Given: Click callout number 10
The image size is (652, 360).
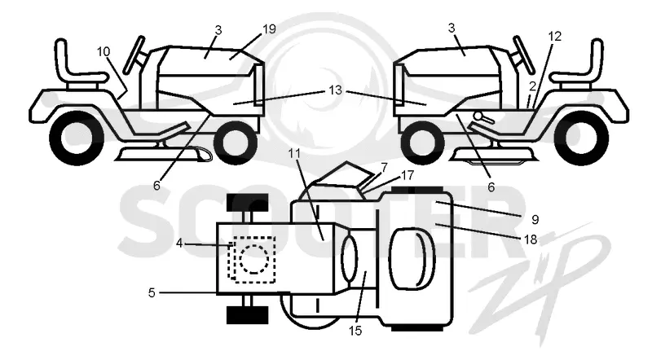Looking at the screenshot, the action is pos(104,51).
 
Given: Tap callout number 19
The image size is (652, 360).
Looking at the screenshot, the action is pos(269,29).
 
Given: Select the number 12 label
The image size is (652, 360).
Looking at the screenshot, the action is pos(555,36).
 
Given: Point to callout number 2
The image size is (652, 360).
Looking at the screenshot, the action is pos(533,86).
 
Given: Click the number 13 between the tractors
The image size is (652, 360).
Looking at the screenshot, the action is pos(335,90).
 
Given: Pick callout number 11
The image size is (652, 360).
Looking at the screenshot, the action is pos(294,153).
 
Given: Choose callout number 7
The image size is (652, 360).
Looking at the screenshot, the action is pos(384,168).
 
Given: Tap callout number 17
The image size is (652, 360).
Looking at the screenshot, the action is pos(407,175).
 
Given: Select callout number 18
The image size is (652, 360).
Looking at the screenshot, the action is pos(531,239).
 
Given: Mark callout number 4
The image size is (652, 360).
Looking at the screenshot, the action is pos(178,244).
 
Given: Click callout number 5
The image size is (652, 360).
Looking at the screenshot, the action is pos(152,292).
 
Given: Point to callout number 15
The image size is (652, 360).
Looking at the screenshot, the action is pos(355,331).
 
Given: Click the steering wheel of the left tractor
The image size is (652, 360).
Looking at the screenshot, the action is pos(135,55).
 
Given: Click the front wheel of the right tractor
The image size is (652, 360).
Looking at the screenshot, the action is pos(421,142).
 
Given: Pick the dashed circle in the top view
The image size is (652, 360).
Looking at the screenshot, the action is pos(254,258).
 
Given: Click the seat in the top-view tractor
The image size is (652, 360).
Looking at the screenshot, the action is pos(412,258).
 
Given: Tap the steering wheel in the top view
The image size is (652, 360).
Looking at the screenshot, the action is pos(350,258).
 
